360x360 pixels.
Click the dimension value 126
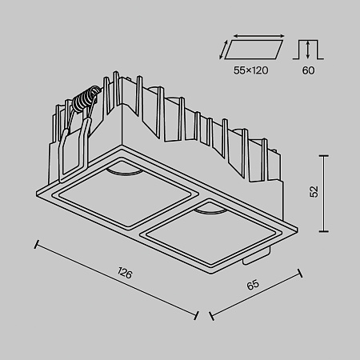[124, 273]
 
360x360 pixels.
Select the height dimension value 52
[314, 191]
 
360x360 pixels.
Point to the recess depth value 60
[309, 70]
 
